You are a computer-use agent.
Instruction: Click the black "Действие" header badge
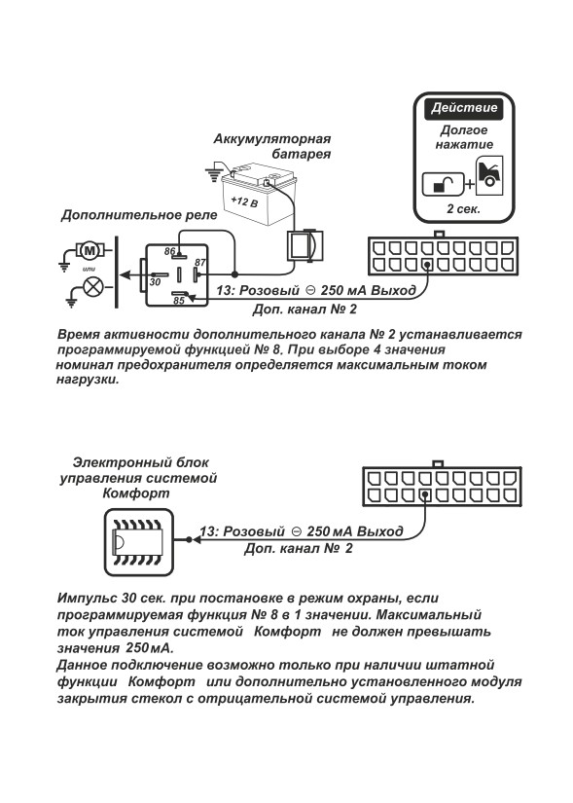[463, 108]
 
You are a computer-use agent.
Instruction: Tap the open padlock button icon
[443, 184]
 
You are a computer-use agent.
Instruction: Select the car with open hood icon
[489, 175]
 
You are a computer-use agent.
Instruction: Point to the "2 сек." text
[463, 209]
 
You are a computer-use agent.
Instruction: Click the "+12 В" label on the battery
[244, 201]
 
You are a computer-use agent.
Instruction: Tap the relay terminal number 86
[170, 251]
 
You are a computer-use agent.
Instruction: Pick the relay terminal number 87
[199, 263]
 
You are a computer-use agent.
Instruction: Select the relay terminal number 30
[155, 281]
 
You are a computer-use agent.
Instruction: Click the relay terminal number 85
[178, 301]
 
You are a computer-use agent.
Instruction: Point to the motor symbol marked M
[90, 250]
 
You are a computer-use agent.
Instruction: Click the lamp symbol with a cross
[93, 286]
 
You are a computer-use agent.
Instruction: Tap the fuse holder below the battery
[304, 244]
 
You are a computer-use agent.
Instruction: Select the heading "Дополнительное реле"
[139, 215]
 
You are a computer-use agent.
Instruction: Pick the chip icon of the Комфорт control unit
[139, 542]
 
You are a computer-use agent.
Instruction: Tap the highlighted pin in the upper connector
[426, 265]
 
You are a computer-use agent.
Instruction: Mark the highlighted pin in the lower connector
[425, 495]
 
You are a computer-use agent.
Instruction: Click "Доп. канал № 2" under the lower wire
[298, 549]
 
